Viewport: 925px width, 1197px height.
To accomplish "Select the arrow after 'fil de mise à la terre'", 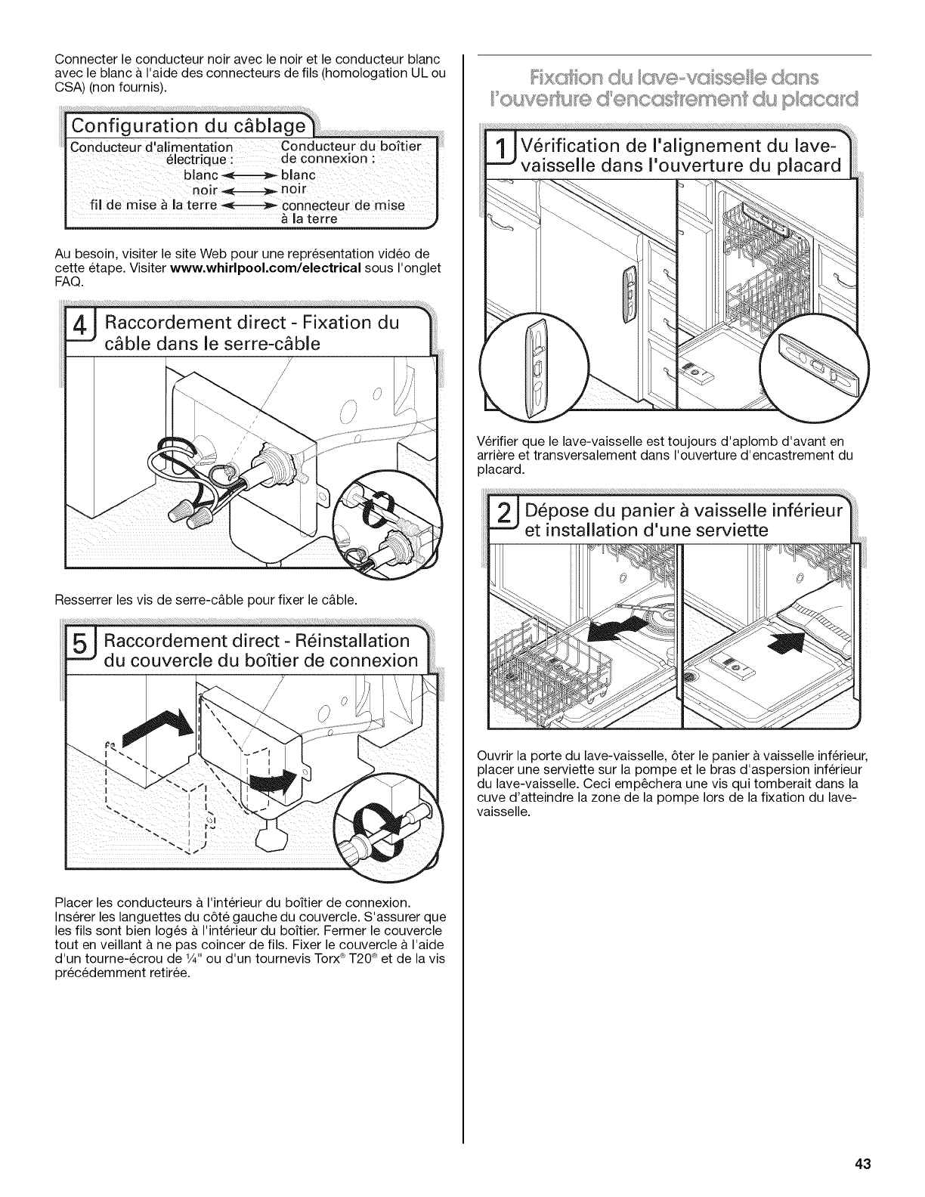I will [x=249, y=205].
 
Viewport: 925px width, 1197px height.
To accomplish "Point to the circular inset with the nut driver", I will [x=387, y=838].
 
